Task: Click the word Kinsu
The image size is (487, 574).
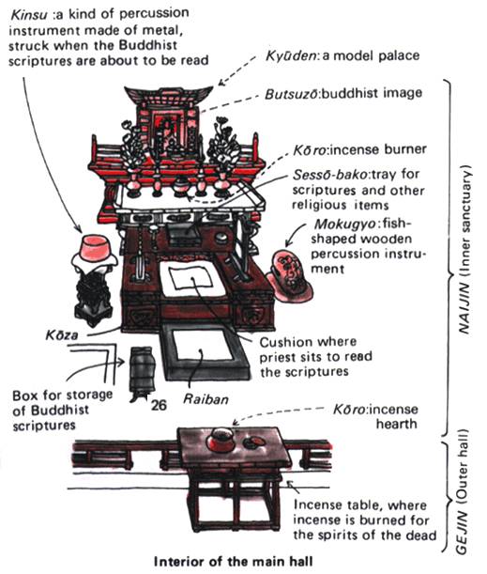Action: pyautogui.click(x=28, y=15)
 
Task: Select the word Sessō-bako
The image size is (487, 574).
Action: pyautogui.click(x=329, y=175)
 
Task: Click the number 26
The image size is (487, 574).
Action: pyautogui.click(x=159, y=405)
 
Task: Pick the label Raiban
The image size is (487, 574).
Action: pyautogui.click(x=205, y=399)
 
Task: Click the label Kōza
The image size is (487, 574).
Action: pyautogui.click(x=61, y=335)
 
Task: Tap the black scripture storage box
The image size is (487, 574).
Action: pyautogui.click(x=143, y=373)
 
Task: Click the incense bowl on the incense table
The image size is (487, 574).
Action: pyautogui.click(x=220, y=440)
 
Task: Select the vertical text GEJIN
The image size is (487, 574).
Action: pyautogui.click(x=463, y=530)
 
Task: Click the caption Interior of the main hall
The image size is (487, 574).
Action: pyautogui.click(x=234, y=562)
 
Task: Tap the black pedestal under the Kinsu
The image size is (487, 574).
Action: pyautogui.click(x=93, y=297)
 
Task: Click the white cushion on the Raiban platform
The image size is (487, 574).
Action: pyautogui.click(x=202, y=345)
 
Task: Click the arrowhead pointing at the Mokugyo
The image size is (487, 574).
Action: pyautogui.click(x=288, y=243)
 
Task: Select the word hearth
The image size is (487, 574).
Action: pyautogui.click(x=396, y=425)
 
